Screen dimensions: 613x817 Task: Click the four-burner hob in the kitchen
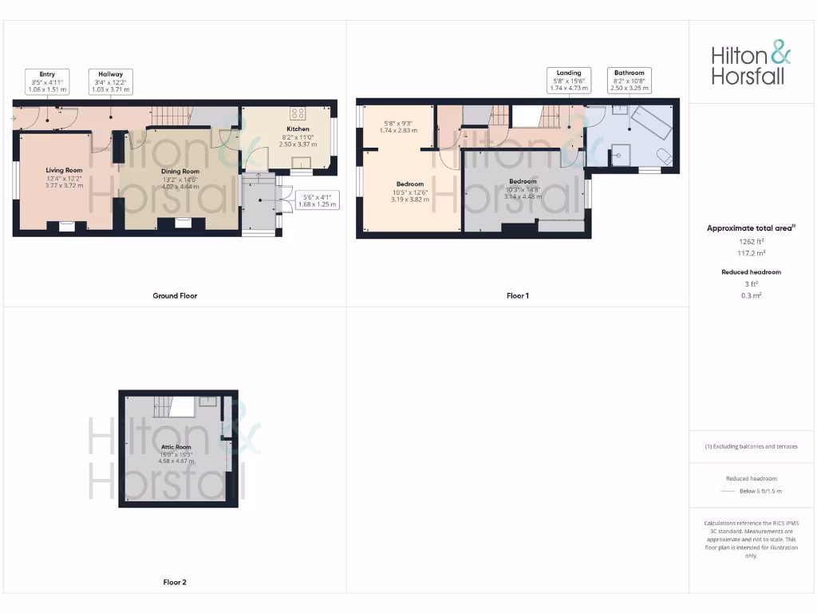coord(302,113)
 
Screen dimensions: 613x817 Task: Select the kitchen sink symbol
coord(302,164)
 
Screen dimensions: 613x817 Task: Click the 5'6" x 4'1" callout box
coord(316,200)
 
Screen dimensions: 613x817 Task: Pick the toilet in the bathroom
coord(661,155)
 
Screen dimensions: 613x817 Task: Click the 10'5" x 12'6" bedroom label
coord(410,192)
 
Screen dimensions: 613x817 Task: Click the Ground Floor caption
coord(175,295)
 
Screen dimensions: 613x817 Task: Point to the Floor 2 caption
coord(175,583)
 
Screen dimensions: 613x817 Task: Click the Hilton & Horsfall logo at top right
coord(751,65)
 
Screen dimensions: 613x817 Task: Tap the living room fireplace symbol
coord(65,226)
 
